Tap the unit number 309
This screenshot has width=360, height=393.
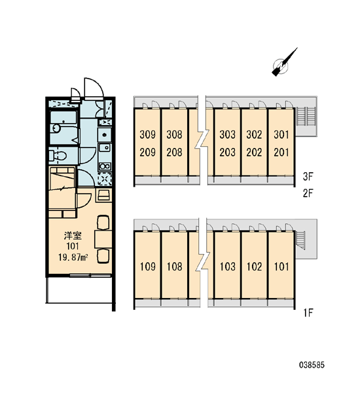[147, 134]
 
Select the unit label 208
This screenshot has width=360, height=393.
[174, 152]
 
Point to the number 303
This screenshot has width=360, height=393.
[228, 134]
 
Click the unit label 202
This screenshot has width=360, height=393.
[254, 152]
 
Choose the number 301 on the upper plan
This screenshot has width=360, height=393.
[281, 134]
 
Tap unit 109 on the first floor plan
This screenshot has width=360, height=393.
[148, 267]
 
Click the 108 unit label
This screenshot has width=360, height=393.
[175, 267]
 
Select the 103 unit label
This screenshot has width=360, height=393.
[228, 267]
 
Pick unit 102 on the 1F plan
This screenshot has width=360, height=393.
[254, 267]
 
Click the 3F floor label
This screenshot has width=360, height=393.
[308, 177]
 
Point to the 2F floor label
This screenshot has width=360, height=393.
[308, 193]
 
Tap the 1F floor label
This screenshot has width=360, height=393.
[308, 312]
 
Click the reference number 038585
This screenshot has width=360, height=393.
[312, 365]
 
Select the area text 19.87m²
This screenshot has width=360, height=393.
[73, 257]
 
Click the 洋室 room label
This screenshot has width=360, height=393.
[73, 236]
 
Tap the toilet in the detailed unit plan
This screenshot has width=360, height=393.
[58, 156]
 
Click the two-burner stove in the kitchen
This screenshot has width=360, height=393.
[105, 166]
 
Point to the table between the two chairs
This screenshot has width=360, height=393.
[103, 239]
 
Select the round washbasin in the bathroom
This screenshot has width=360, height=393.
[56, 128]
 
